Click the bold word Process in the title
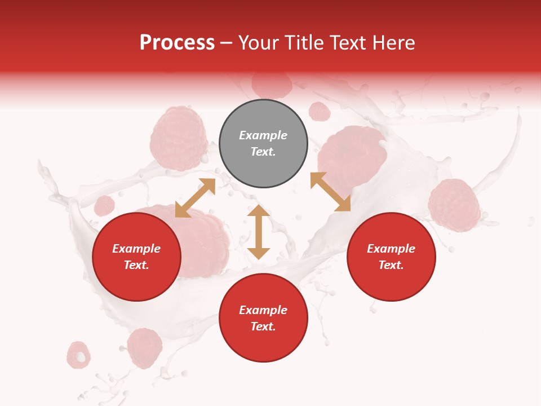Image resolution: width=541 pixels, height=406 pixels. click(177, 43)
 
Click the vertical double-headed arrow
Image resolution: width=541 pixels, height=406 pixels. click(259, 232)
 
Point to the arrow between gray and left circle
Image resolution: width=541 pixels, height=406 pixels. click(195, 198)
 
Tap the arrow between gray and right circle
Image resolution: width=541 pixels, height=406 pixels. click(331, 192)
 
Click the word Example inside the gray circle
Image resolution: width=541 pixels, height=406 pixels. click(263, 135)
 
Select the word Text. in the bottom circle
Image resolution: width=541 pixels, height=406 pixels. click(263, 326)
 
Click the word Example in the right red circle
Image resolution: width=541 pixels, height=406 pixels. click(391, 249)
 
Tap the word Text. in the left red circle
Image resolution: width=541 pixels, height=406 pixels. click(136, 265)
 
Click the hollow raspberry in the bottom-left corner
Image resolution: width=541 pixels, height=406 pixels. click(78, 355)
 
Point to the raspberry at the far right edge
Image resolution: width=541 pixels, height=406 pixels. click(454, 205)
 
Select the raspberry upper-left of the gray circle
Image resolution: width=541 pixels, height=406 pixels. click(179, 139)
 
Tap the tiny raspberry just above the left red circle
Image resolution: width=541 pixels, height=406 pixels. click(104, 206)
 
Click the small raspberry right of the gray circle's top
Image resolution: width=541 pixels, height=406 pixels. click(320, 112)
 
